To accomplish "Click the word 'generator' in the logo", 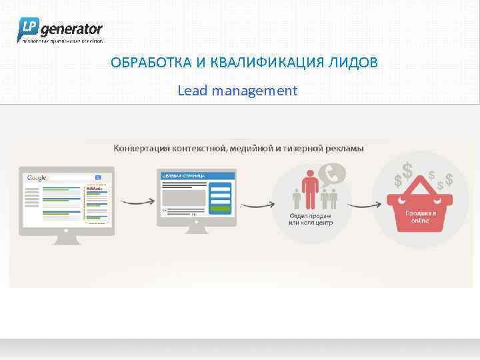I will coord(72,29).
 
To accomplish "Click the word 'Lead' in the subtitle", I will coord(193,90).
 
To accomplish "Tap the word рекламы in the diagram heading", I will coord(346,148).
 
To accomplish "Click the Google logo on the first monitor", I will coord(37,178).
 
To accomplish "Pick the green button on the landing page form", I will coord(221,207).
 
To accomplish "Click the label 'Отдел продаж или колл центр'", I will coord(310,219).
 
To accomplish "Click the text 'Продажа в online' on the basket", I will coord(420,216).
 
